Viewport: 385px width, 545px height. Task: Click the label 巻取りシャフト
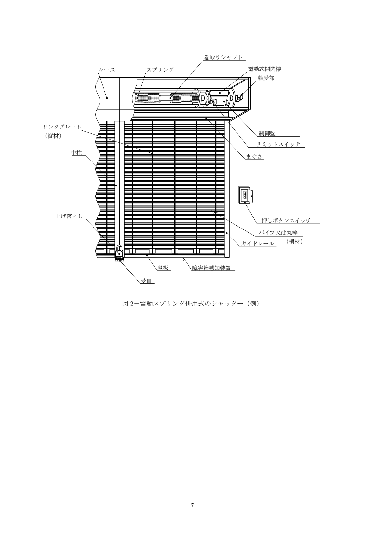pyautogui.click(x=223, y=57)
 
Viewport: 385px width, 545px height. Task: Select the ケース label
pyautogui.click(x=107, y=70)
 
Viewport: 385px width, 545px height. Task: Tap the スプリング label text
pyautogui.click(x=160, y=70)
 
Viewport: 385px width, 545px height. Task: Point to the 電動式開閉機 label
pyautogui.click(x=265, y=69)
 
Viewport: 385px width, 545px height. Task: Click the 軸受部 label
pyautogui.click(x=266, y=78)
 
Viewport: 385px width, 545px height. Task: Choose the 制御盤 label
pyautogui.click(x=267, y=133)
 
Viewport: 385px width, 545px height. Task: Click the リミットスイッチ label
pyautogui.click(x=279, y=144)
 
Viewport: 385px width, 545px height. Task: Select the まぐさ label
pyautogui.click(x=254, y=156)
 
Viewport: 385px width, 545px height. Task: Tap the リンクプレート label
pyautogui.click(x=62, y=127)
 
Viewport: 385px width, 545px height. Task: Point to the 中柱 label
pyautogui.click(x=76, y=153)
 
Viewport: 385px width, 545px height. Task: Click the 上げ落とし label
pyautogui.click(x=69, y=216)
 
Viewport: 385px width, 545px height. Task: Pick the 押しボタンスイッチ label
pyautogui.click(x=286, y=221)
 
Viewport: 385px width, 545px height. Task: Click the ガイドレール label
pyautogui.click(x=258, y=244)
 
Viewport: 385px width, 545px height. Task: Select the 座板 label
pyautogui.click(x=163, y=268)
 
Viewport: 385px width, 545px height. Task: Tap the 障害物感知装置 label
pyautogui.click(x=212, y=268)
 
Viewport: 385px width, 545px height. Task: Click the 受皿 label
pyautogui.click(x=146, y=281)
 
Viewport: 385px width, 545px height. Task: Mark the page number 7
pyautogui.click(x=192, y=505)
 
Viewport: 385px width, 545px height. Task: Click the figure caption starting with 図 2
pyautogui.click(x=191, y=304)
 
